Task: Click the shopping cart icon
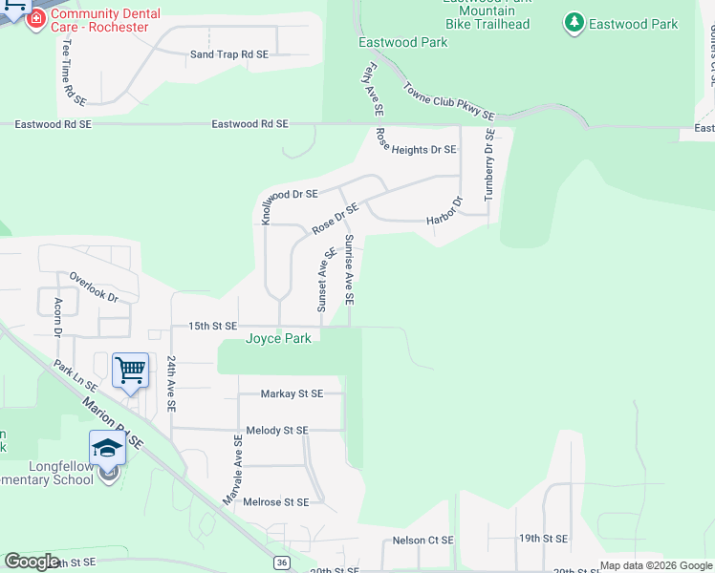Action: point(130,370)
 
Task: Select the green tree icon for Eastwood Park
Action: point(574,23)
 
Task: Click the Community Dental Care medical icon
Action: point(36,18)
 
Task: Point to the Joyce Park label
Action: point(278,339)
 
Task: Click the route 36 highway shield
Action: point(280,563)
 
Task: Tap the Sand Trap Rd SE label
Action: point(229,54)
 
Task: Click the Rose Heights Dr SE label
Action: point(416,149)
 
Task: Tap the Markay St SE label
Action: point(292,393)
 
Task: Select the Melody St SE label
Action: point(277,431)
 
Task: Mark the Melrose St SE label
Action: point(277,501)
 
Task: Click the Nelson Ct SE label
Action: point(422,541)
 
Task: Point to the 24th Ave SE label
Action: point(171,384)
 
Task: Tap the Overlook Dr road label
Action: point(93,286)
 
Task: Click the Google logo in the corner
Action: point(32,562)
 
